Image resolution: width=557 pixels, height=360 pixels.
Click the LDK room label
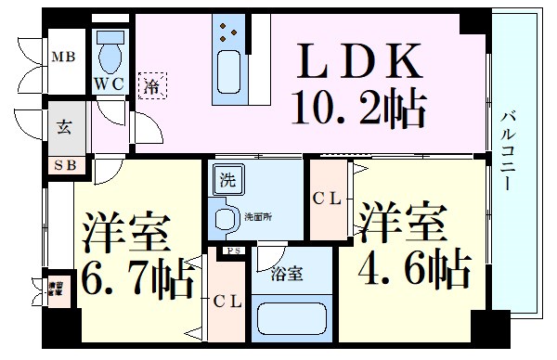(358, 62)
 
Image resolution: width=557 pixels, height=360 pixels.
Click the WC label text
(110, 84)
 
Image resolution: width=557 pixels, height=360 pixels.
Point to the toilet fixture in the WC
(110, 51)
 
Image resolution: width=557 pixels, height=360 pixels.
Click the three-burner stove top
(227, 35)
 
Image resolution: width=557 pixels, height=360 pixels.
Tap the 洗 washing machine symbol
(227, 178)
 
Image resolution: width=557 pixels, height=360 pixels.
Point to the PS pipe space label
(231, 251)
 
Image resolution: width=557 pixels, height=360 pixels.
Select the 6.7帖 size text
(136, 275)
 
